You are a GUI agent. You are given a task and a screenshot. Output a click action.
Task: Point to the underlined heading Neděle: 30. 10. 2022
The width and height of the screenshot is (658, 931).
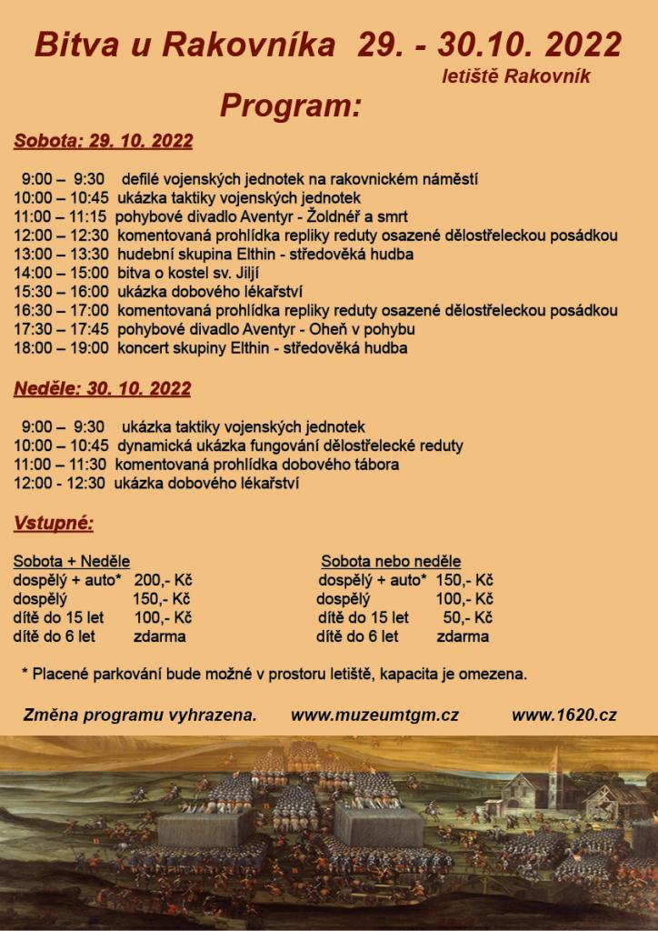102,388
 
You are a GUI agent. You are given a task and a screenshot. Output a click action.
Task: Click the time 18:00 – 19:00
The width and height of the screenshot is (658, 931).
62,347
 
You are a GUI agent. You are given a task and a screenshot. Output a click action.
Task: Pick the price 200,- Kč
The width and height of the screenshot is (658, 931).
163,580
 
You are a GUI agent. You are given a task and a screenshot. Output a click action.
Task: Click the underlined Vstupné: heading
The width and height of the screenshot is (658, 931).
54,523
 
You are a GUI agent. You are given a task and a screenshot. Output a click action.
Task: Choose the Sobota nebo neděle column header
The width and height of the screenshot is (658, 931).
391,561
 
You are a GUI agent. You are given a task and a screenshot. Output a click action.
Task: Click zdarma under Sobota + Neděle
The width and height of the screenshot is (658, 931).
159,636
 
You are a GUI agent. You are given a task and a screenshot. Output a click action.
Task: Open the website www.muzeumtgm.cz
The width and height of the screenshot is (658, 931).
374,716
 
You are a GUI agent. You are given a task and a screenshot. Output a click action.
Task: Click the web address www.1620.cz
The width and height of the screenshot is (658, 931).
563,716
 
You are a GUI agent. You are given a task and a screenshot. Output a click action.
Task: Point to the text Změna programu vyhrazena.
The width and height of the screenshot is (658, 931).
140,716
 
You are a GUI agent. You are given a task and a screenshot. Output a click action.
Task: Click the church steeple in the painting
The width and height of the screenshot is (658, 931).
553,776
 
